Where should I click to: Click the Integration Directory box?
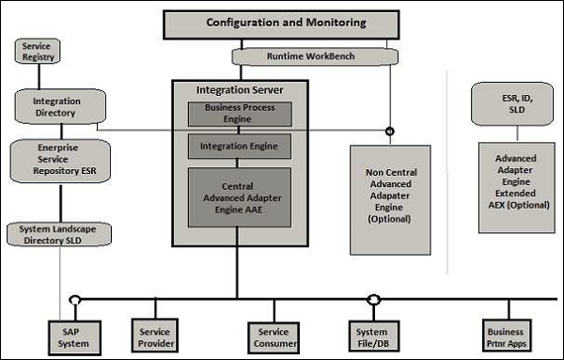[x=55, y=105]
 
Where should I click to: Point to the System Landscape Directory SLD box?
[x=58, y=234]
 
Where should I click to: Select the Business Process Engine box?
[x=240, y=114]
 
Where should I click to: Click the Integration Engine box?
[x=240, y=147]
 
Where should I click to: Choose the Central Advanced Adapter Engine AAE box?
[x=240, y=197]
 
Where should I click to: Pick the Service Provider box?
[x=155, y=336]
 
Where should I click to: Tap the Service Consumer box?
[x=274, y=337]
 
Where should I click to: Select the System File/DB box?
[x=373, y=337]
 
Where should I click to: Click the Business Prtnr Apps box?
[x=505, y=336]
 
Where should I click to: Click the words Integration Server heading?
[x=240, y=90]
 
